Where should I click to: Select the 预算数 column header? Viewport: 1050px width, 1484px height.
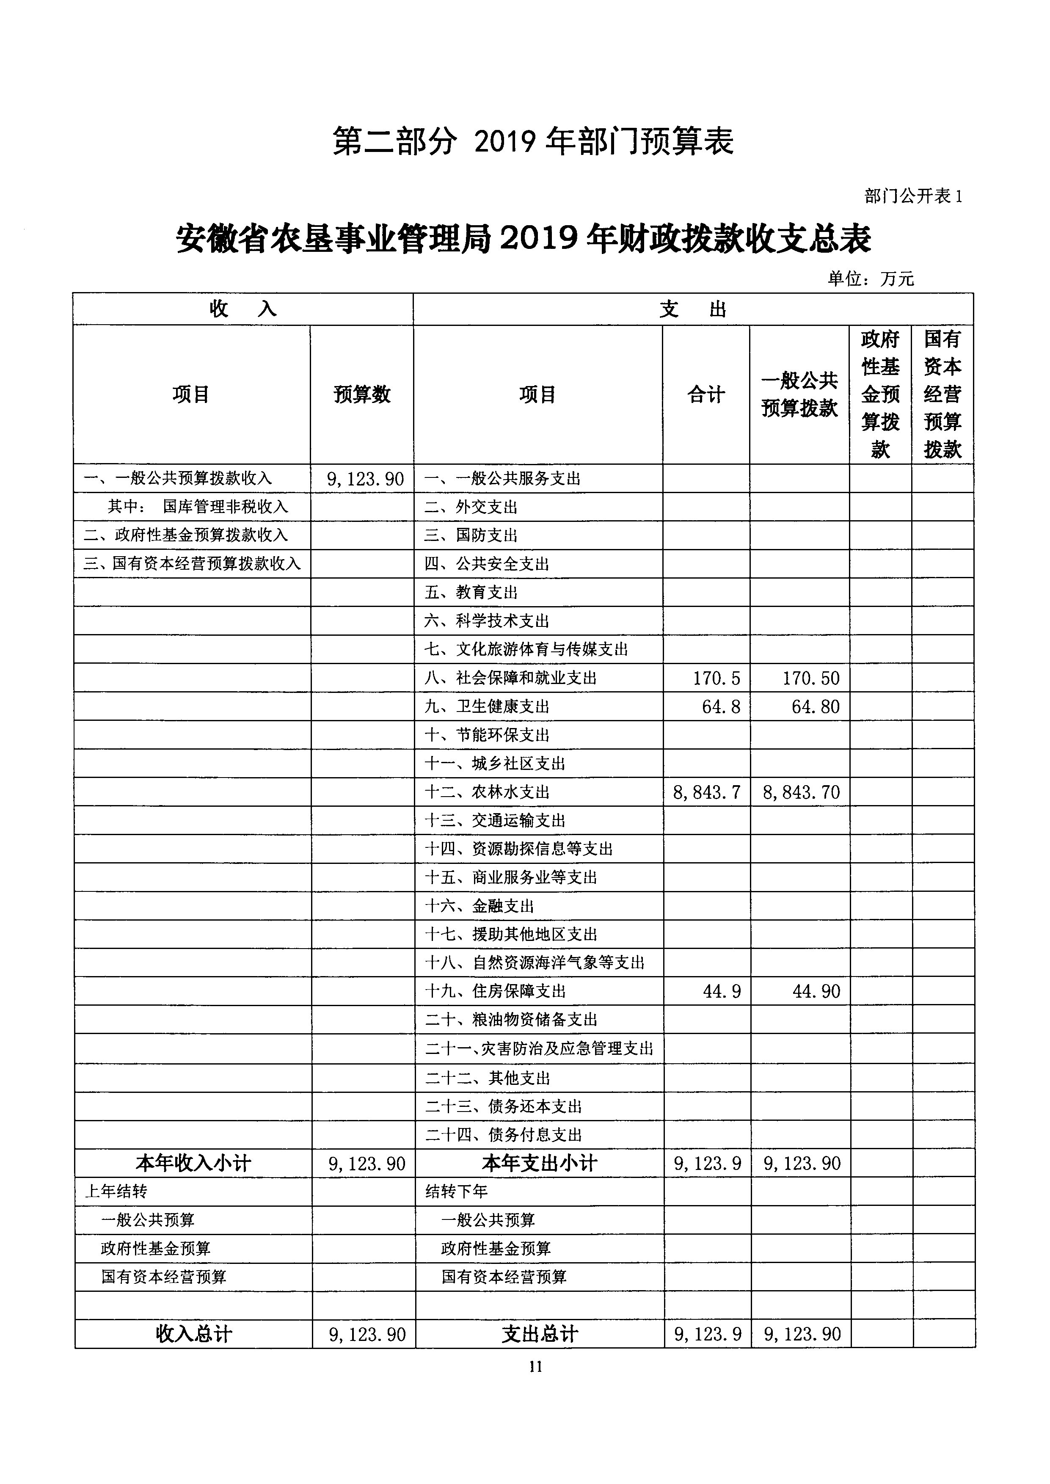362,394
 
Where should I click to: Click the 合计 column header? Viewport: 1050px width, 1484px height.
706,394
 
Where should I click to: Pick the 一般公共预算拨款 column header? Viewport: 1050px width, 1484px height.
800,394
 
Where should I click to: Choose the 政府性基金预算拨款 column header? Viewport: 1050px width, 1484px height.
881,394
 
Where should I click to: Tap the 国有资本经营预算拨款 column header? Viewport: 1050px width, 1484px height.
943,394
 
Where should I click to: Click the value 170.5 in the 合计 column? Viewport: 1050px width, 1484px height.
717,679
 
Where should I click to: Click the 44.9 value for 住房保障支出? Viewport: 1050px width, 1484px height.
722,991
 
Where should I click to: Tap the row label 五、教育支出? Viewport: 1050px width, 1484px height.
471,592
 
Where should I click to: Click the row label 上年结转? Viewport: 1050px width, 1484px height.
116,1191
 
